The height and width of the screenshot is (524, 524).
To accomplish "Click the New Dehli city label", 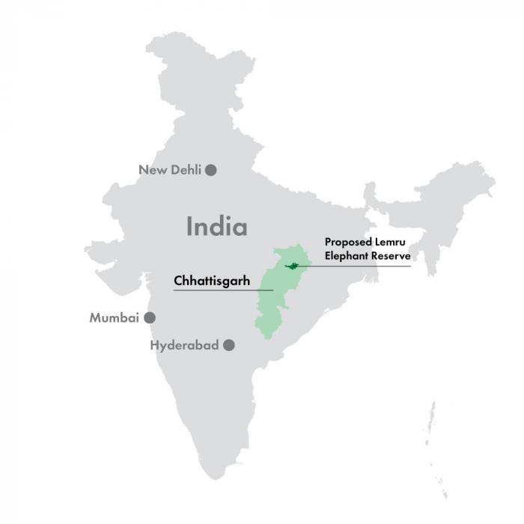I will (x=170, y=170).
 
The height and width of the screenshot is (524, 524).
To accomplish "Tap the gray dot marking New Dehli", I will (x=211, y=170).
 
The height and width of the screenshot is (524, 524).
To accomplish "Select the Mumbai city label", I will (x=115, y=318).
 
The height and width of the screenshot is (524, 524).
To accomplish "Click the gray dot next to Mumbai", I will (x=150, y=317).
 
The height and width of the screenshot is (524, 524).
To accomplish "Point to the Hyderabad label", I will (x=184, y=345).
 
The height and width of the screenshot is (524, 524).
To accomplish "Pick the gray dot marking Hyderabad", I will (x=229, y=345).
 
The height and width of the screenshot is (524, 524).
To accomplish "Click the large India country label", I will (x=216, y=226).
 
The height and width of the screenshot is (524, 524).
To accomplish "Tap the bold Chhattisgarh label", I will (x=212, y=281).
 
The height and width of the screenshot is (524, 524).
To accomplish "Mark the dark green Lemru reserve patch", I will (x=293, y=266).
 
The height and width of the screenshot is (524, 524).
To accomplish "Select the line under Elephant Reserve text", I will (x=359, y=266).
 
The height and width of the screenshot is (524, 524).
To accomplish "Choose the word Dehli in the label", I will (x=186, y=170).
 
